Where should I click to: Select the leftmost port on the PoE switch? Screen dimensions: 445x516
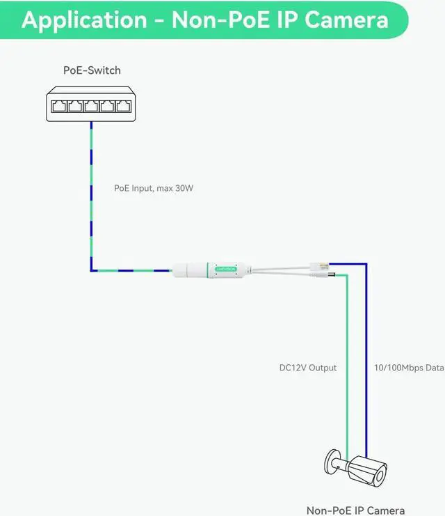pyautogui.click(x=58, y=107)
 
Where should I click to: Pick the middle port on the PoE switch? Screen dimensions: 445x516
pyautogui.click(x=90, y=107)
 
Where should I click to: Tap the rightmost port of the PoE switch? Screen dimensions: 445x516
pyautogui.click(x=123, y=107)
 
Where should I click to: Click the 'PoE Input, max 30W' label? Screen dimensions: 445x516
pyautogui.click(x=153, y=188)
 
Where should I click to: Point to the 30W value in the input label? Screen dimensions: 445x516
pyautogui.click(x=183, y=188)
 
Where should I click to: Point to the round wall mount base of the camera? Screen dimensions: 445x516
pyautogui.click(x=329, y=462)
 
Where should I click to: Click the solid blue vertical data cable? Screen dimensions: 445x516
pyautogui.click(x=366, y=348)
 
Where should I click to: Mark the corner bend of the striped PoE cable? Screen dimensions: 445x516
pyautogui.click(x=91, y=270)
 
